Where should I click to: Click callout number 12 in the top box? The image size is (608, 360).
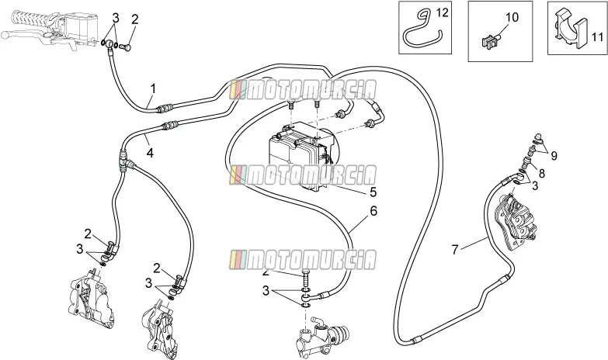442,13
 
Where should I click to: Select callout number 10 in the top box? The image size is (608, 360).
512,17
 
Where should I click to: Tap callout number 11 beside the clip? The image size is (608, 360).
598,37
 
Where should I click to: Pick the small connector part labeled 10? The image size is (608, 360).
492,40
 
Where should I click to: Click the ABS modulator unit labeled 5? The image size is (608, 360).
304,154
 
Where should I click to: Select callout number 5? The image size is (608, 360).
373,192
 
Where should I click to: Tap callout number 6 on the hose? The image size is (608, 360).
373,211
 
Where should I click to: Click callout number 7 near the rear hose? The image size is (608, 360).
455,249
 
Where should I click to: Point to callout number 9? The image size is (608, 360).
554,156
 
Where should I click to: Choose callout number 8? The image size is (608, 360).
541,173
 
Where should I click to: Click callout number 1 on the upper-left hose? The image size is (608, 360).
153,88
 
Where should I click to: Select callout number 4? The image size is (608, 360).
150,153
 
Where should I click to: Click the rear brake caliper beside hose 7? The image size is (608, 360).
516,220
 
